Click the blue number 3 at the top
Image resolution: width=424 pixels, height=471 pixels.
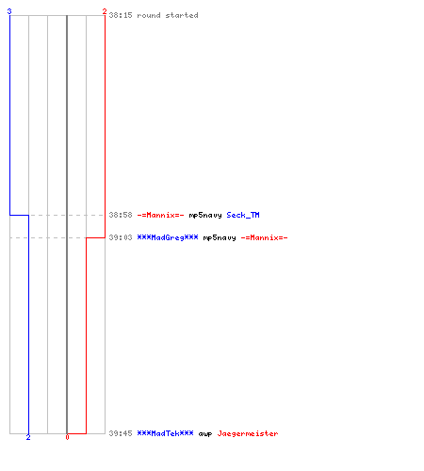9,11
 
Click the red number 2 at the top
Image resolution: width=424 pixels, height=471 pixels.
105,12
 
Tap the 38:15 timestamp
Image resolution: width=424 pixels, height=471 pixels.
121,15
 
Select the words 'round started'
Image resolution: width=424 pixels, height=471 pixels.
168,15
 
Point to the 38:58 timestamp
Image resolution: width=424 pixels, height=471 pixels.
121,215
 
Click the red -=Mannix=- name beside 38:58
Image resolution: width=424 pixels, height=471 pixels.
160,215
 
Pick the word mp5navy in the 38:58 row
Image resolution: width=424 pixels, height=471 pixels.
205,216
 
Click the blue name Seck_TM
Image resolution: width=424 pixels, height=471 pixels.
243,215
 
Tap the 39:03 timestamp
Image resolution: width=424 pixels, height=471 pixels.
121,237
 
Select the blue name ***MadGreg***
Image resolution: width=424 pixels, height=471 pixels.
168,237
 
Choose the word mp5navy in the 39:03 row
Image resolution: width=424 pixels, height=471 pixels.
220,238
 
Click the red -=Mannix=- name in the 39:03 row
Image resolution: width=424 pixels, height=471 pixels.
264,237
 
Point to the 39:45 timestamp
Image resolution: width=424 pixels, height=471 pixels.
121,433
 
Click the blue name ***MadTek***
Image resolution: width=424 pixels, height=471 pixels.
165,433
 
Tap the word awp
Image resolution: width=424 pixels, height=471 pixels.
205,434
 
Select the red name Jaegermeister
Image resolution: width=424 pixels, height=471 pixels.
248,433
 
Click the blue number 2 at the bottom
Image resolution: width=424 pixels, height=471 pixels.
28,437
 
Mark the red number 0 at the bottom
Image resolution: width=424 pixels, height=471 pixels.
67,437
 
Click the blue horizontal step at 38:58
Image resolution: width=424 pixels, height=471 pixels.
19,215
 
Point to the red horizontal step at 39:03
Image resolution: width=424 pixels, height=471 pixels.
95,237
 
